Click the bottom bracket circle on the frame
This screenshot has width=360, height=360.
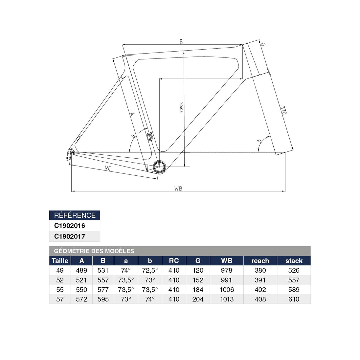(159, 167)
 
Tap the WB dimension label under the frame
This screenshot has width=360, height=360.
(178, 189)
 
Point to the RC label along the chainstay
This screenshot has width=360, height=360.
(108, 168)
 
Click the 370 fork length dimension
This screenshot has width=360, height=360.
(283, 110)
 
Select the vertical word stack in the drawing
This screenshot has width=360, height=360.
(181, 107)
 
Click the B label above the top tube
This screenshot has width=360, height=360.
(181, 41)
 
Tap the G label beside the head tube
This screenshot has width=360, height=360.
(263, 44)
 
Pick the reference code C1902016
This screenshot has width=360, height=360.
(70, 226)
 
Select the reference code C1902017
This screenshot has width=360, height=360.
(70, 236)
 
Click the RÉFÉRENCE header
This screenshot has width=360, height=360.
(75, 215)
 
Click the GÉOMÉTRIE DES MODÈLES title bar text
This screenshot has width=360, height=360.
(94, 251)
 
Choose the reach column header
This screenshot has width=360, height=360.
(260, 261)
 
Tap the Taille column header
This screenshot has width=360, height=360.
(60, 261)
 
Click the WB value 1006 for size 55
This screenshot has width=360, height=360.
(227, 290)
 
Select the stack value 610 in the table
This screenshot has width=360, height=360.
(294, 299)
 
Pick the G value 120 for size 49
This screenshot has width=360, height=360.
(198, 270)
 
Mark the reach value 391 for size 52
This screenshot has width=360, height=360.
(260, 280)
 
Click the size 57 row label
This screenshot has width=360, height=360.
(60, 299)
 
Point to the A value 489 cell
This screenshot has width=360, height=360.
(81, 270)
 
